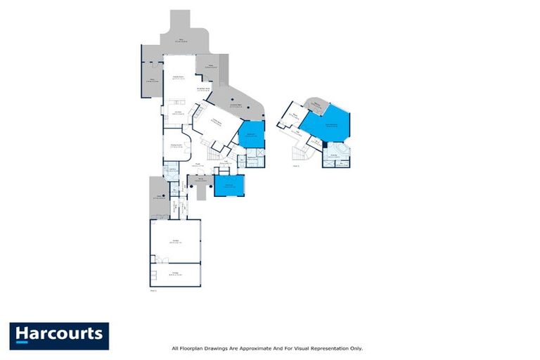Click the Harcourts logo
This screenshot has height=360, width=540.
59,335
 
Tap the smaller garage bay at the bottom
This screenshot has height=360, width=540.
175,274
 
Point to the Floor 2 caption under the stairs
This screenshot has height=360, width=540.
297,166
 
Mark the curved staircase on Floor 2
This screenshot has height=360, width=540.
300,153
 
